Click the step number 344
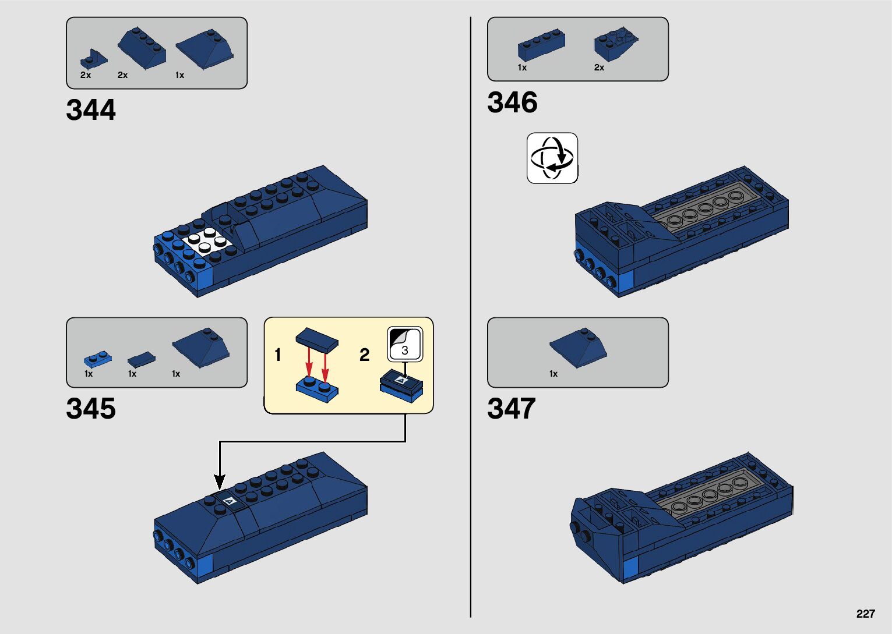91,110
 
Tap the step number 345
91,409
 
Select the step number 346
512,102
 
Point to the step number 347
511,409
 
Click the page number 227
865,614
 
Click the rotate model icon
552,158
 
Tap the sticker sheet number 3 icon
405,345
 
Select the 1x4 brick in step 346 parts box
541,46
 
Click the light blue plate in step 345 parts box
98,358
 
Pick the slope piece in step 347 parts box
578,348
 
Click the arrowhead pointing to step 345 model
220,482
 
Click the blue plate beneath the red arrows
317,388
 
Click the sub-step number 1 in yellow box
278,355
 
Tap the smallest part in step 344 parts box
93,59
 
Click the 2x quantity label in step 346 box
599,68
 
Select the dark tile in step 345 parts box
142,358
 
